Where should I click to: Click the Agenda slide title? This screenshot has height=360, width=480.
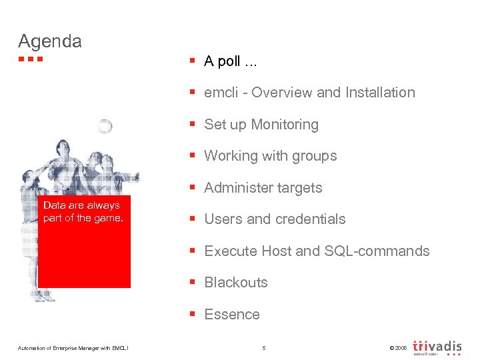(x=50, y=41)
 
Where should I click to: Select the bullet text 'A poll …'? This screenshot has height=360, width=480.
(x=231, y=61)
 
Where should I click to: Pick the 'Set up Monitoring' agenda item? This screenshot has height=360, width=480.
(x=261, y=125)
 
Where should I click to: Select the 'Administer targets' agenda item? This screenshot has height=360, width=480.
(x=263, y=188)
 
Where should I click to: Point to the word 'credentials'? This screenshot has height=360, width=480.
(x=312, y=219)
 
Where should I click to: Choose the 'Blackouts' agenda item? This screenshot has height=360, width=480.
(x=235, y=283)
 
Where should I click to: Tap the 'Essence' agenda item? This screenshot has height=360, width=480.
(x=232, y=315)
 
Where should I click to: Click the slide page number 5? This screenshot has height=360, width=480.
(x=264, y=348)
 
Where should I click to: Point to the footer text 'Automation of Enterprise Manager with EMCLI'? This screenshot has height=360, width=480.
(x=74, y=348)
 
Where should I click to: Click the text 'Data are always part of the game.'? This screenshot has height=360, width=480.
(x=83, y=212)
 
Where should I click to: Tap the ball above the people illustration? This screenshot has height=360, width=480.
(x=104, y=127)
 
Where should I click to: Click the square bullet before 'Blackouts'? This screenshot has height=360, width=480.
(x=191, y=283)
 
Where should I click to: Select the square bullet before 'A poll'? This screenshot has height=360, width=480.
(x=191, y=61)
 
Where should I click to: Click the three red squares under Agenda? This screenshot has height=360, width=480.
(x=31, y=59)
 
